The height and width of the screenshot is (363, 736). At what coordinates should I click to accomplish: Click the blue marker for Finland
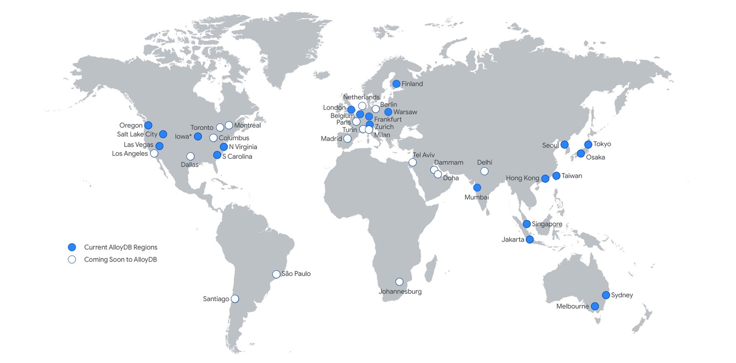point(396,84)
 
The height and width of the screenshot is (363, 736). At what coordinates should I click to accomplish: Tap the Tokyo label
point(602,144)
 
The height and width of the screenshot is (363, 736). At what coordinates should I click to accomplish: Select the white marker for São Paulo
point(276,274)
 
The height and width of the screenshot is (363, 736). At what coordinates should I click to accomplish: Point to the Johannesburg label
point(400,292)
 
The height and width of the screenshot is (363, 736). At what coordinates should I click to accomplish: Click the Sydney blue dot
point(606,295)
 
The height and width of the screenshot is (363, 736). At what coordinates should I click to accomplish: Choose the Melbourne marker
point(595,306)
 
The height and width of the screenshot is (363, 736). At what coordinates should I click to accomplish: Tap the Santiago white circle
point(235,299)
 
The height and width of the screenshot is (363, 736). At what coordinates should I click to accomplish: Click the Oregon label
point(131,125)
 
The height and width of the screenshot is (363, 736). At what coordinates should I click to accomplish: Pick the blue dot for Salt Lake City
point(163,134)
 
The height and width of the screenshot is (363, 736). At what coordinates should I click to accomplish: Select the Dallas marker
point(190,157)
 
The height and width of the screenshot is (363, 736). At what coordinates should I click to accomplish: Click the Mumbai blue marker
point(477,188)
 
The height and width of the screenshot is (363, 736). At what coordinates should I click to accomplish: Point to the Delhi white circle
point(485,171)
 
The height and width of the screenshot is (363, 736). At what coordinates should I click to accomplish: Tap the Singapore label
point(547,224)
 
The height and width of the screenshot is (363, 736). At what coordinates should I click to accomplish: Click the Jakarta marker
point(529,240)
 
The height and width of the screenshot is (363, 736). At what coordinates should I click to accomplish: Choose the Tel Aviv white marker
point(413,163)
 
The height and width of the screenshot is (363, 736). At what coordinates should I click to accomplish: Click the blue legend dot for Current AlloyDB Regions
point(72,247)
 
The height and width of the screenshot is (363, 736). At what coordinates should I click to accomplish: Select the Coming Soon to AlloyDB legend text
point(120,259)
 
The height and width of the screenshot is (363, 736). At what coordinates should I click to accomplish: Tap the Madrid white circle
point(347,139)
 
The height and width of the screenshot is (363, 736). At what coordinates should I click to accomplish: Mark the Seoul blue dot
point(564,145)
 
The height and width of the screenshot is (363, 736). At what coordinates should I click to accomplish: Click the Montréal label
point(247,125)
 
